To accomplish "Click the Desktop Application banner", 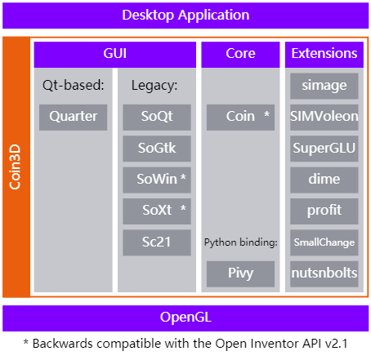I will point(185,15).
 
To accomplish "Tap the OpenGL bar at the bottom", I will point(185,317).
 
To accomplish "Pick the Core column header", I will point(239,54).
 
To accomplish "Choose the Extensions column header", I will point(324,54).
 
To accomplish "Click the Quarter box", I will point(73,117).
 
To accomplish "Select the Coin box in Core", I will point(239,117).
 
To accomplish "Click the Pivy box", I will point(239,273).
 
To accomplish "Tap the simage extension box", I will point(324,86).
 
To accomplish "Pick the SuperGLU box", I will point(324,148).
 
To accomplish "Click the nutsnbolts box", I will point(324,273).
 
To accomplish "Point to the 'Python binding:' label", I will point(239,242).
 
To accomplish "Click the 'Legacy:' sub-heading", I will point(154,85).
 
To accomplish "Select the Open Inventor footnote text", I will point(185,343).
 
